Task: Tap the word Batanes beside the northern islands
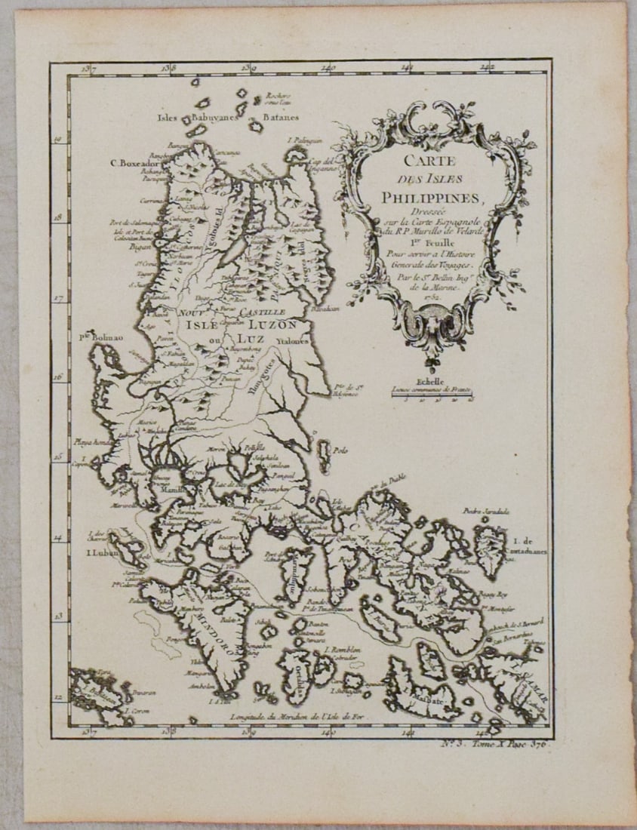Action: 281,118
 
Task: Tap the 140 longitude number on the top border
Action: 328,69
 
